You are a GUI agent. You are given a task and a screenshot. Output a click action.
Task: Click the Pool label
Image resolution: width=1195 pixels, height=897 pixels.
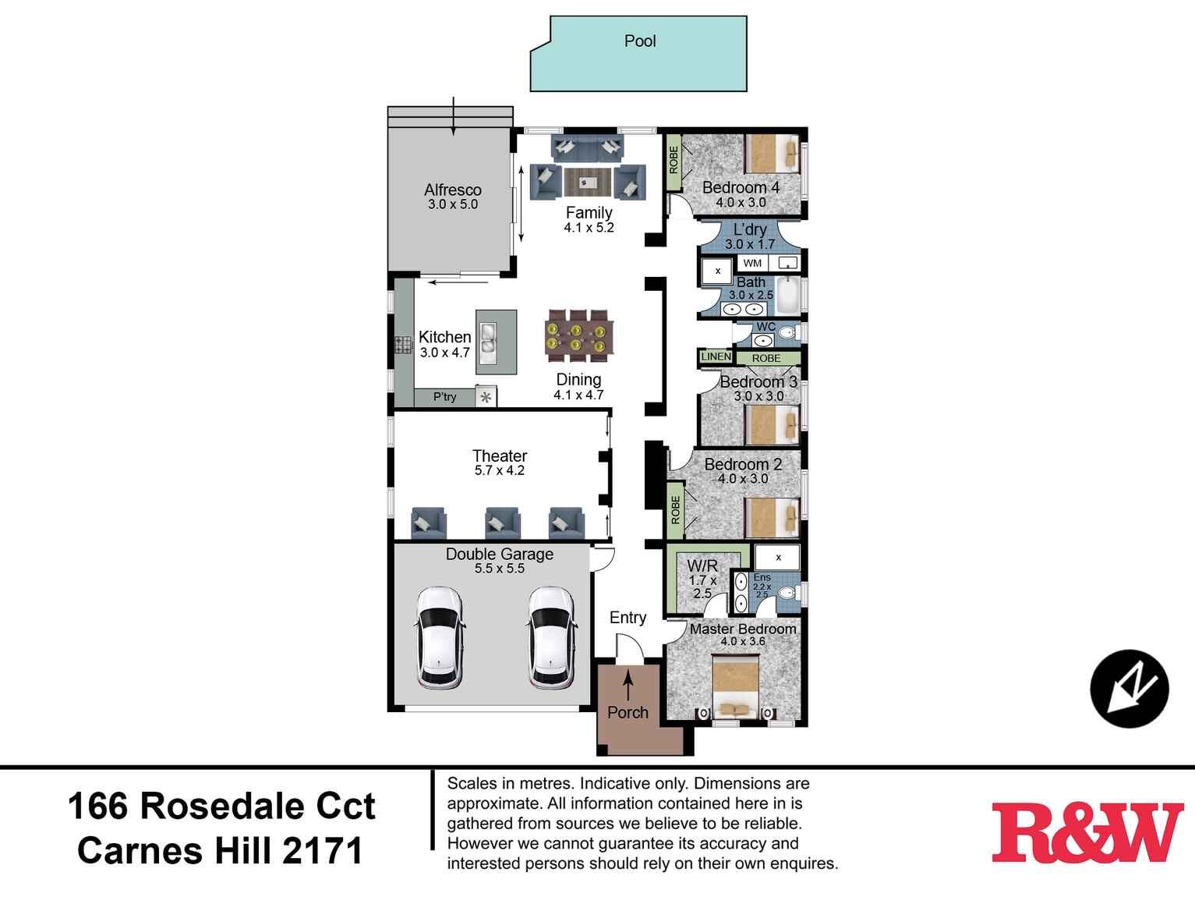click(640, 41)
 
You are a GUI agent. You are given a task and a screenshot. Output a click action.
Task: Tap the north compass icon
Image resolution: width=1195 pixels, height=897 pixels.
click(1129, 689)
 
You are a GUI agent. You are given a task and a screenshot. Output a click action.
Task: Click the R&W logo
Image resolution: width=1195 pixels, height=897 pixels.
click(1087, 832)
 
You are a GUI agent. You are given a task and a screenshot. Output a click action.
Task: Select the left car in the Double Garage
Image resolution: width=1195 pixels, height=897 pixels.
click(440, 637)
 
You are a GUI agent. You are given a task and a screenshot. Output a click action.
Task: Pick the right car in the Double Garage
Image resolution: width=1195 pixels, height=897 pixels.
click(552, 637)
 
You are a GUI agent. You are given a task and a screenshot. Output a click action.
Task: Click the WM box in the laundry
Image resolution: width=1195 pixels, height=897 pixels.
click(752, 263)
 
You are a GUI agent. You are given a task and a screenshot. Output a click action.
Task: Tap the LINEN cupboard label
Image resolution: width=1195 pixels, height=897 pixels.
click(716, 356)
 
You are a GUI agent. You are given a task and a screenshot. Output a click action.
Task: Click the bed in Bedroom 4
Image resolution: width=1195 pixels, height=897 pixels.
click(773, 154)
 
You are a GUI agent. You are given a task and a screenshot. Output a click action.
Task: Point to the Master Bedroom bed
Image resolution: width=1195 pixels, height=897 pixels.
click(737, 686)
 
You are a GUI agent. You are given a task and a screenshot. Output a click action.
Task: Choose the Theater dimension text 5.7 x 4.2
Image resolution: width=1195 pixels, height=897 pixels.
click(500, 470)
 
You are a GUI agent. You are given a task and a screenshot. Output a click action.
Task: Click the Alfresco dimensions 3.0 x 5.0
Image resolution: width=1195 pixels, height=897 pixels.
click(452, 204)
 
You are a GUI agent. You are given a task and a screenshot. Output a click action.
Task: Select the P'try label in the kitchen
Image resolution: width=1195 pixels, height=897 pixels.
click(445, 397)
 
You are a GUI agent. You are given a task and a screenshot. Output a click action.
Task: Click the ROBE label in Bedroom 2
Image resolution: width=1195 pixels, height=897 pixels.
click(675, 510)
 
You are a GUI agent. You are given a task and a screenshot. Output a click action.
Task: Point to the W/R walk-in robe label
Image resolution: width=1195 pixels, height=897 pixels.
click(702, 565)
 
